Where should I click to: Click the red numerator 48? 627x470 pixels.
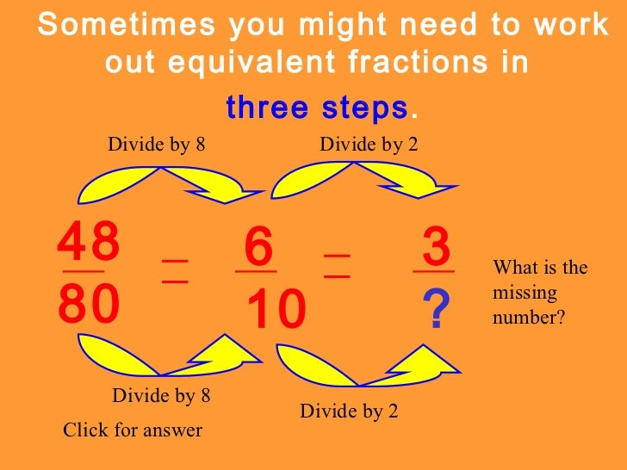pyautogui.click(x=89, y=245)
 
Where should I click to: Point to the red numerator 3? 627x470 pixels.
pyautogui.click(x=436, y=248)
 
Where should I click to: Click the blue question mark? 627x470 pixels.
pyautogui.click(x=438, y=310)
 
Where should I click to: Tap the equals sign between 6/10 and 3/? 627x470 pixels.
pyautogui.click(x=337, y=265)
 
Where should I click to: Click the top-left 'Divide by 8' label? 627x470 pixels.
pyautogui.click(x=156, y=144)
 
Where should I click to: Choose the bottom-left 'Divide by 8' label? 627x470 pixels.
pyautogui.click(x=161, y=396)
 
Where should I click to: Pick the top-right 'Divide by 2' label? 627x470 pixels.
pyautogui.click(x=369, y=144)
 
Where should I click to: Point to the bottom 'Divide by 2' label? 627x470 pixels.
pyautogui.click(x=349, y=411)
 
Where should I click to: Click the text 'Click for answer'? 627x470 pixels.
pyautogui.click(x=133, y=430)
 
